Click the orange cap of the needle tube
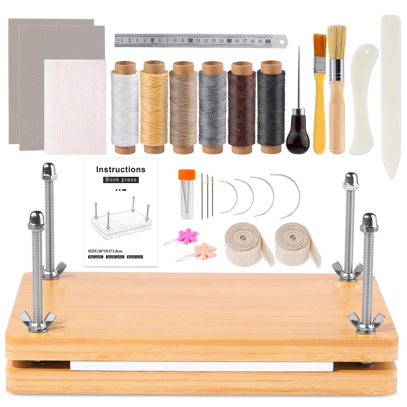[187, 174]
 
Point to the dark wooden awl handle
[298, 136]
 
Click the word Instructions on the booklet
[121, 170]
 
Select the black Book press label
[121, 180]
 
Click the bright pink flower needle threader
[187, 236]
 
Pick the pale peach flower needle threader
[204, 251]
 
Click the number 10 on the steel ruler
[190, 40]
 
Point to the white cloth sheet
[75, 107]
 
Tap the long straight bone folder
[390, 94]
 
